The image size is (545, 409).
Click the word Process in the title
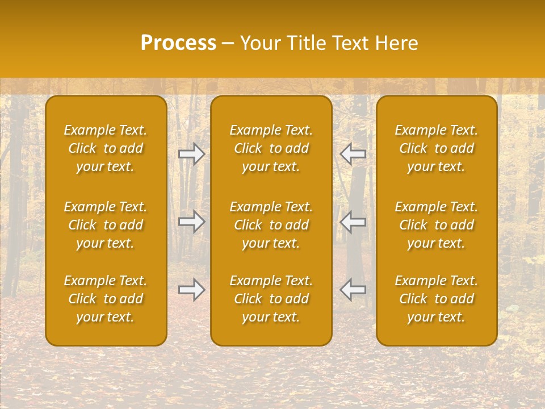click(x=178, y=43)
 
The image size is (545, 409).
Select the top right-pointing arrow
click(x=192, y=153)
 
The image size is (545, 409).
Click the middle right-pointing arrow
click(x=192, y=222)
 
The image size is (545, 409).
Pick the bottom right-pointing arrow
click(x=192, y=290)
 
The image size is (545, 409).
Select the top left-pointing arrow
click(x=353, y=153)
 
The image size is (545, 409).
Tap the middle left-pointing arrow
click(x=353, y=222)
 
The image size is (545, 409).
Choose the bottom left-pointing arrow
click(x=353, y=290)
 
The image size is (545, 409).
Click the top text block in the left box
click(x=106, y=148)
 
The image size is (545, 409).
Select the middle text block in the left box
click(x=106, y=225)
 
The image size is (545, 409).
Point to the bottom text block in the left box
click(x=106, y=299)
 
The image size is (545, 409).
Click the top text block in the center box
click(x=271, y=148)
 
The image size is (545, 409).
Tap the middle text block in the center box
click(x=271, y=225)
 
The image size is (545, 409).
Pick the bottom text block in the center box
click(x=271, y=299)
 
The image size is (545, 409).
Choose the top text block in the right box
click(x=436, y=148)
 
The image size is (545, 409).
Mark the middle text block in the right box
click(x=436, y=225)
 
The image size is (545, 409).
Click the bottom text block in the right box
click(x=436, y=299)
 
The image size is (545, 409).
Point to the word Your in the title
click(x=261, y=43)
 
